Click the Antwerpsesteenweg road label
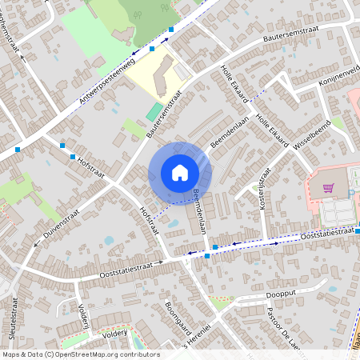click(109, 78)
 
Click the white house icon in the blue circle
click(180, 173)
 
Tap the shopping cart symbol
click(329, 188)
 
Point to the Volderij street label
click(82, 317)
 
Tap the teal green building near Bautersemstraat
click(153, 111)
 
